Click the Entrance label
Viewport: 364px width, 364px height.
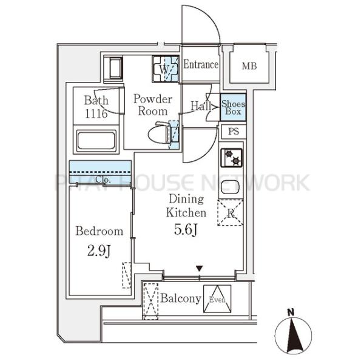pyautogui.click(x=201, y=64)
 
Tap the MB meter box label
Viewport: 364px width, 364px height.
pyautogui.click(x=249, y=66)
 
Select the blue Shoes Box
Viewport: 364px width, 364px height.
pyautogui.click(x=233, y=107)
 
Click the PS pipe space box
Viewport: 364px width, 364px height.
pyautogui.click(x=234, y=132)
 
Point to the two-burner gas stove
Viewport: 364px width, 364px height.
pyautogui.click(x=231, y=158)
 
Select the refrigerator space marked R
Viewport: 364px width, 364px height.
pyautogui.click(x=231, y=213)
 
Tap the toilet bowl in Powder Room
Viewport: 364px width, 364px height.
pyautogui.click(x=160, y=134)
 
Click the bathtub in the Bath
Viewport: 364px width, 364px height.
pyautogui.click(x=96, y=141)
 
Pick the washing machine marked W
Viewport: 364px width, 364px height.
pyautogui.click(x=166, y=69)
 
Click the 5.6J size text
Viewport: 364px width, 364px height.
pyautogui.click(x=186, y=230)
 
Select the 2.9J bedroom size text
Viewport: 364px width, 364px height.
pyautogui.click(x=99, y=251)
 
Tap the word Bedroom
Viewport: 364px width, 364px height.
pyautogui.click(x=99, y=231)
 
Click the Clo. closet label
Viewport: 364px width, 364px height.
pyautogui.click(x=103, y=180)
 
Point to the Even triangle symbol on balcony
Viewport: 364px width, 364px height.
pyautogui.click(x=217, y=299)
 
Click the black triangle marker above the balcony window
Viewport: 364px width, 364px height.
pyautogui.click(x=200, y=269)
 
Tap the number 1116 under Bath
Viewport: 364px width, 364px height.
pyautogui.click(x=96, y=113)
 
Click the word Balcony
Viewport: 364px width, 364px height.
pyautogui.click(x=181, y=298)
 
